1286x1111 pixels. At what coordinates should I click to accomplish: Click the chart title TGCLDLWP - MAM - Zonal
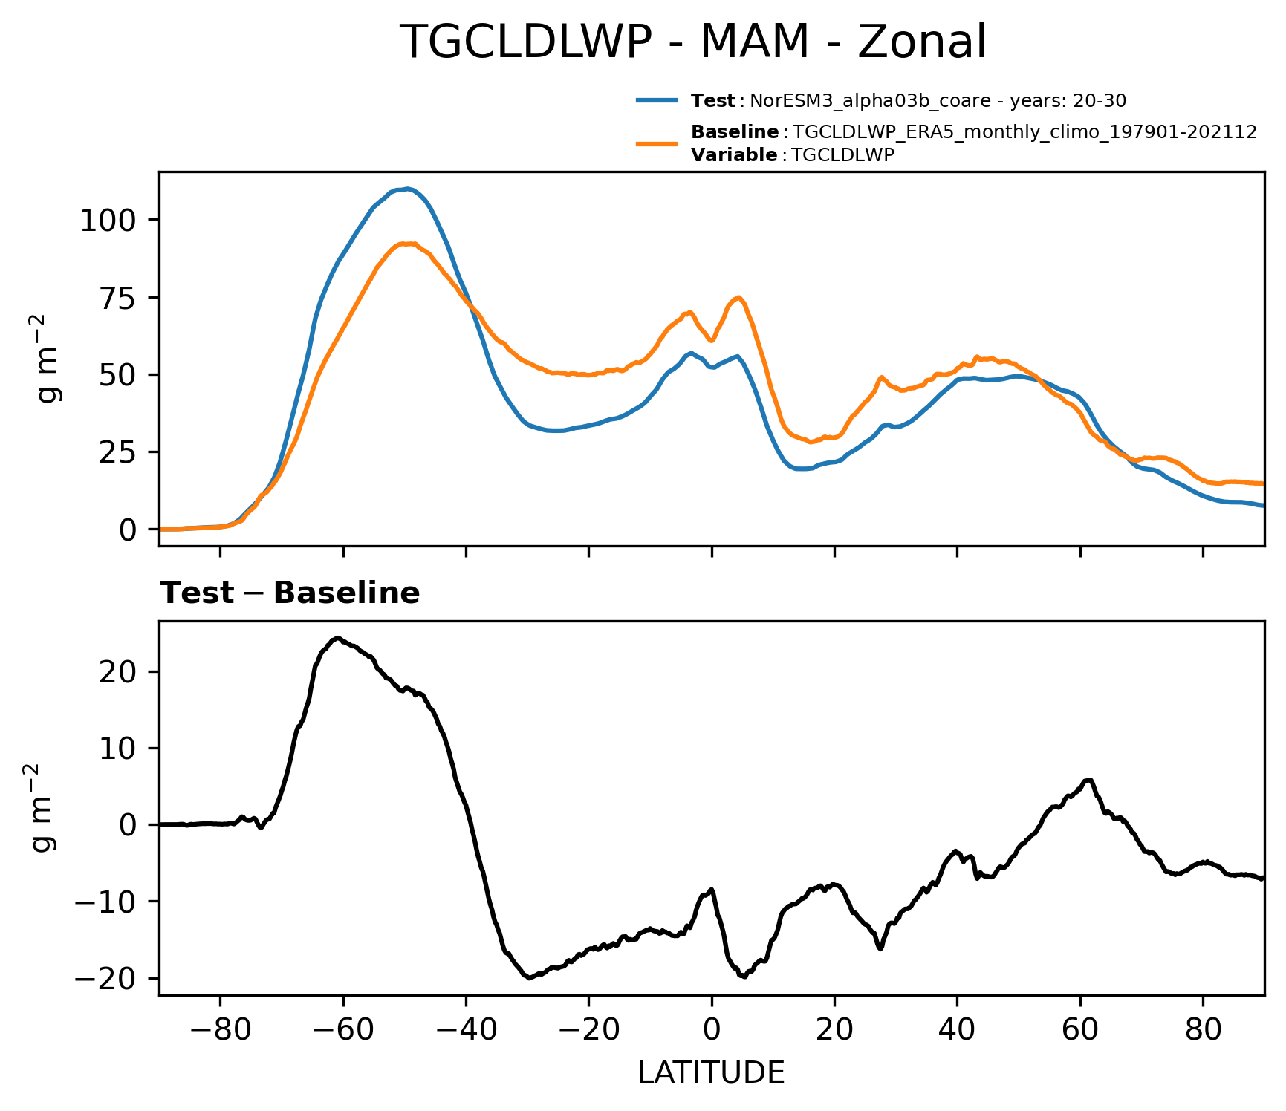point(692,42)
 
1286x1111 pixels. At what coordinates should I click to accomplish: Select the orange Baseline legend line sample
point(656,143)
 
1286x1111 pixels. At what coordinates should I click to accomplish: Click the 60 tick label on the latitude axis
point(1080,1030)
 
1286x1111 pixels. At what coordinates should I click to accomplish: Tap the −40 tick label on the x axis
point(465,1030)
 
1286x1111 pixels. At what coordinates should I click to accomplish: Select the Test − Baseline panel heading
point(290,593)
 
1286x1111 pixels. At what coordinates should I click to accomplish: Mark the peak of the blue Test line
point(407,189)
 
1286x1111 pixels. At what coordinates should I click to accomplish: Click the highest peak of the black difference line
point(337,638)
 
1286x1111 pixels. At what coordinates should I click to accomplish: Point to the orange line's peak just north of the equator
point(738,298)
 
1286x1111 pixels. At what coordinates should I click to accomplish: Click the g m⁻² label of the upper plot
point(49,359)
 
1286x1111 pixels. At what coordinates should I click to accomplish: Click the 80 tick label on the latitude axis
point(1203,1030)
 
